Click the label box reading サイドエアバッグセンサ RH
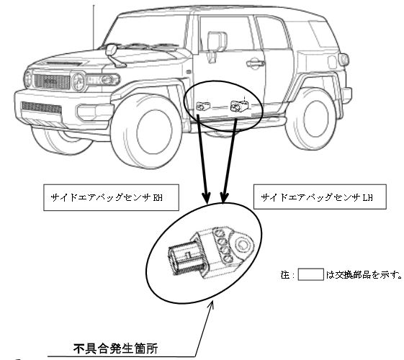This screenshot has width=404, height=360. click(x=111, y=197)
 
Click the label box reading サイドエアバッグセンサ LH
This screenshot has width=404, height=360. click(x=320, y=197)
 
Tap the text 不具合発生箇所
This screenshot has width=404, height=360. click(x=115, y=348)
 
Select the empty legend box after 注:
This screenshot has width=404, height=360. click(x=310, y=274)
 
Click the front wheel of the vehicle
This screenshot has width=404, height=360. click(x=146, y=131)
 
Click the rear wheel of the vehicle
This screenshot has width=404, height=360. click(x=313, y=119)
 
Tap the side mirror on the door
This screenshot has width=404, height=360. click(x=217, y=46)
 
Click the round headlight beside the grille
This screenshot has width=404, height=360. click(x=78, y=81)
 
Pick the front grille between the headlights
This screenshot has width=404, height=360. click(x=52, y=81)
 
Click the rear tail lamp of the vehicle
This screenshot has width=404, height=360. click(x=344, y=60)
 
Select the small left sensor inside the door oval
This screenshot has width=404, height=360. click(x=203, y=106)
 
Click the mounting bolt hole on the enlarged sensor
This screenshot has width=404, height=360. click(x=242, y=244)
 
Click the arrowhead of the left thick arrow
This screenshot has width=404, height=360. click(x=207, y=198)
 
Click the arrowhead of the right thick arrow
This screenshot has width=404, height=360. click(x=224, y=197)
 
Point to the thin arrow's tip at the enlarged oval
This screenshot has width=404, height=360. click(x=213, y=301)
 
